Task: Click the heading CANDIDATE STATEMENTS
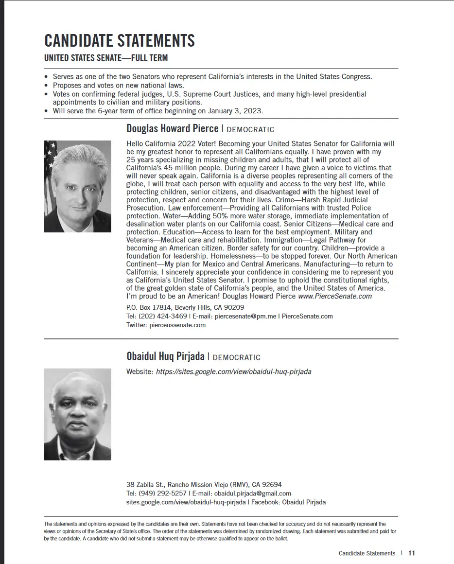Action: point(120,40)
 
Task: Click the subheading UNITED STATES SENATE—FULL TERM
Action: point(106,58)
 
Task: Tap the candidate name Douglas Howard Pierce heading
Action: point(172,128)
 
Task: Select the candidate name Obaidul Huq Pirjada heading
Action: point(165,356)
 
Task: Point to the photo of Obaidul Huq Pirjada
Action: point(78,414)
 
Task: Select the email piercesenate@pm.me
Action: point(245,316)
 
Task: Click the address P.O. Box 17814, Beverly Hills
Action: point(185,307)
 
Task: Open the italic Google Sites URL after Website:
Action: point(233,371)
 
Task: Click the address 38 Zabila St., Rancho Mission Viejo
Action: point(204,484)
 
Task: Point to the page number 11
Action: point(412,553)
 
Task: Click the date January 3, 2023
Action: point(235,111)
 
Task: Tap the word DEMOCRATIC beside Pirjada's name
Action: point(237,357)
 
